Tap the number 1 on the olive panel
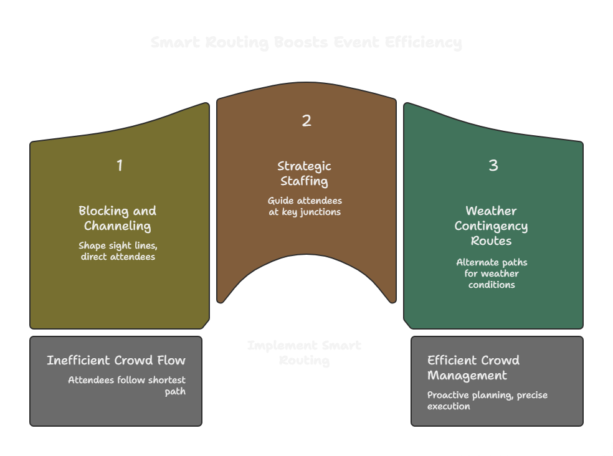coord(120,166)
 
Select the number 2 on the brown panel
coord(306,121)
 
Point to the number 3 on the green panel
coord(493,166)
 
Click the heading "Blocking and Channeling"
coord(117,218)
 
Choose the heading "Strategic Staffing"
coord(305,173)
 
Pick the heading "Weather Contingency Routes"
coord(492,226)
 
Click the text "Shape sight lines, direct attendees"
coord(118,251)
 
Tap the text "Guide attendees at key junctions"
coord(305,206)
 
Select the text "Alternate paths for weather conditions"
coord(492,273)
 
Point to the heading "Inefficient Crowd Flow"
coord(116,360)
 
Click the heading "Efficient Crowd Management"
coord(473,368)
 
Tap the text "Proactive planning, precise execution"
coord(487,401)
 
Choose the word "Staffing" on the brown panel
coord(304,181)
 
